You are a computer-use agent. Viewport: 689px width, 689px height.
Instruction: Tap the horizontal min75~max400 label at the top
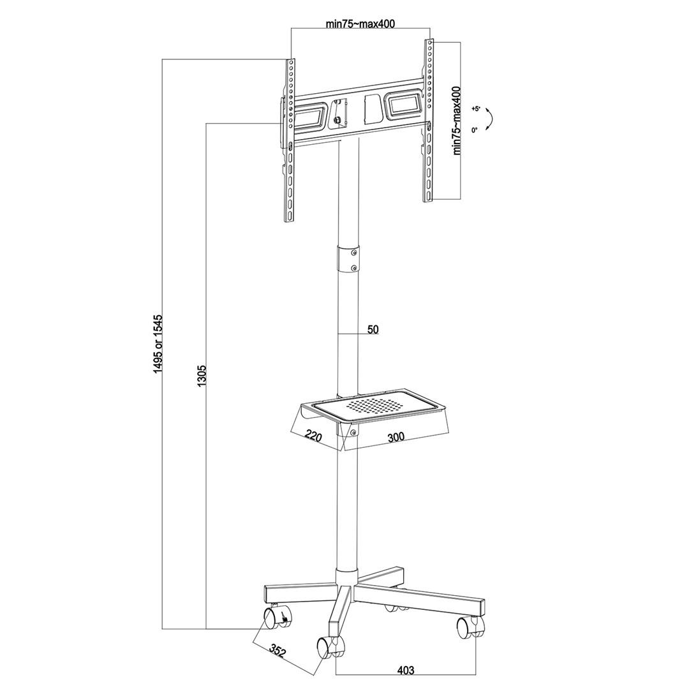coord(360,24)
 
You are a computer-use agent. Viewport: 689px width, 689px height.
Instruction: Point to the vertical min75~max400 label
coord(457,121)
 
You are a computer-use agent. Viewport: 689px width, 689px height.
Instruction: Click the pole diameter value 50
coord(373,329)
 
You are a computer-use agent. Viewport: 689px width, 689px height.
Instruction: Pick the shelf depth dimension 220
coord(313,436)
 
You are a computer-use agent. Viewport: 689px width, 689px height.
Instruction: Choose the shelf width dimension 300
coord(396,438)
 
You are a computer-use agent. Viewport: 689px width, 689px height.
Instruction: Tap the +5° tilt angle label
coord(475,109)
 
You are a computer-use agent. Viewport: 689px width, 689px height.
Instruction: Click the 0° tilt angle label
coord(475,130)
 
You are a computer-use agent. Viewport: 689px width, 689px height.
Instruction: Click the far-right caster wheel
coord(467,628)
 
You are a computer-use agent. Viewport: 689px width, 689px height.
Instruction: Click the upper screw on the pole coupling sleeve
coord(354,253)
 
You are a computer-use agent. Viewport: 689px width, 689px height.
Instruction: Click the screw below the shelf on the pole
coord(353,434)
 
